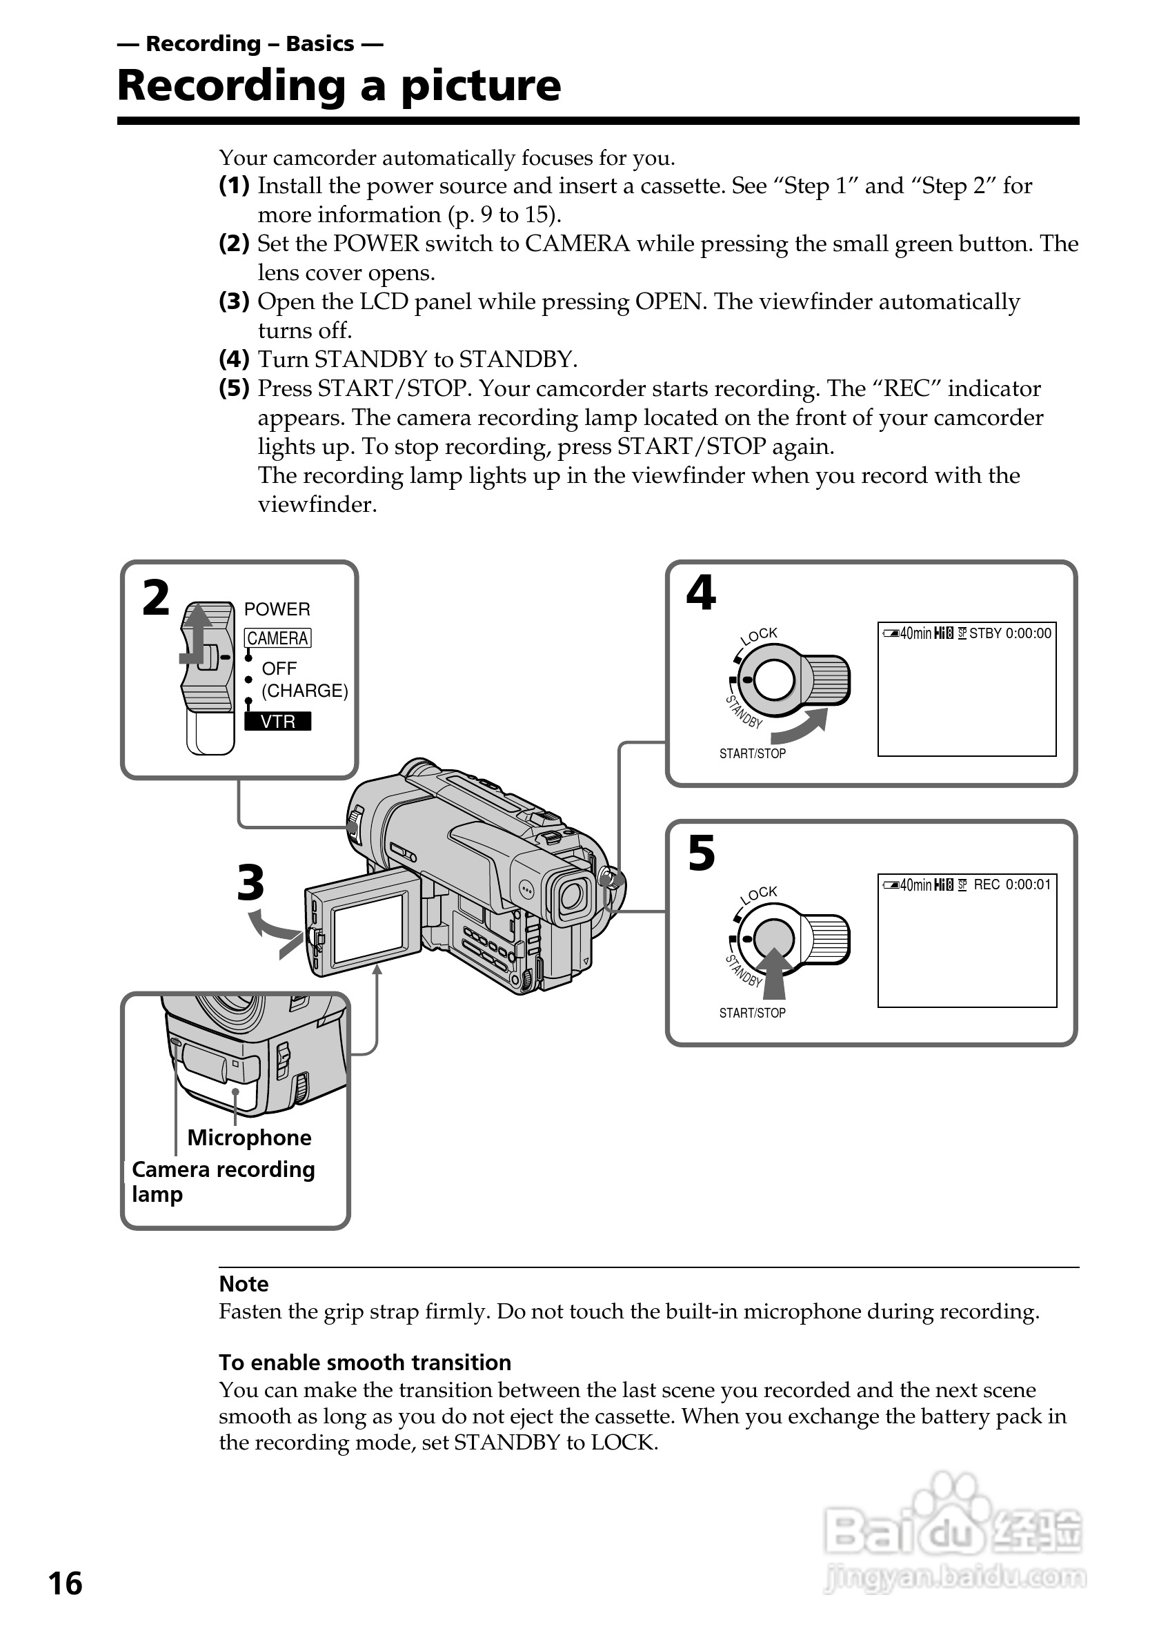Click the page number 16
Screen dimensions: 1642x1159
tap(65, 1583)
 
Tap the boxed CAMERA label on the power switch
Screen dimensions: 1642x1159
tap(277, 638)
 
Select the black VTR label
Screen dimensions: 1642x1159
tap(277, 721)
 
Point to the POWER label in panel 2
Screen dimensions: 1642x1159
tap(277, 609)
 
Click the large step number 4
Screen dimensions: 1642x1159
tap(701, 593)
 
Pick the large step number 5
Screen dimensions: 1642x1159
tap(702, 853)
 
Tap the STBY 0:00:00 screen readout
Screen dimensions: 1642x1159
tap(1009, 633)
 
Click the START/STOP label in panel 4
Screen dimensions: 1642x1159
tap(752, 754)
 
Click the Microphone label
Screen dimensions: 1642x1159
tap(249, 1138)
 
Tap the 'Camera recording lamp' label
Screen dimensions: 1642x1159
tap(222, 1181)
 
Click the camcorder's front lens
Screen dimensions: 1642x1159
tap(572, 896)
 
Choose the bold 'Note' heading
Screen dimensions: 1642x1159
tap(244, 1284)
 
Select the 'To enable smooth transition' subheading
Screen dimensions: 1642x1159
tap(365, 1363)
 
